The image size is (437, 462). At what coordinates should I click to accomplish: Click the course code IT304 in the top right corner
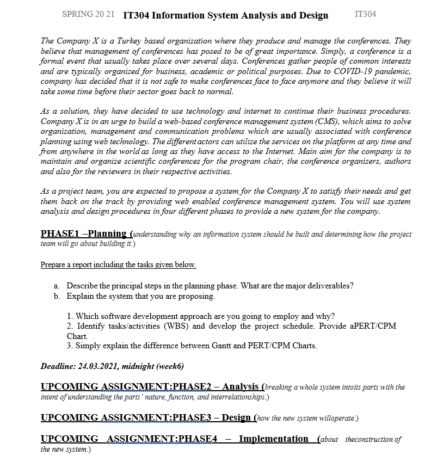(365, 14)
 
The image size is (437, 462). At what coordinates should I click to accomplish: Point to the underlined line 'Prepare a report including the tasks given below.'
(118, 265)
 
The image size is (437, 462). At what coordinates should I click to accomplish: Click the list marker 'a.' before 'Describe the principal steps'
(57, 286)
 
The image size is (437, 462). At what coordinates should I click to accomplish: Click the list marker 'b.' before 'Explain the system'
(57, 297)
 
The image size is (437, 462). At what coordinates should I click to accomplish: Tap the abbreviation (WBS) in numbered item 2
(174, 327)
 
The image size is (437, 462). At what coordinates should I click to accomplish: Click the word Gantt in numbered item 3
(193, 346)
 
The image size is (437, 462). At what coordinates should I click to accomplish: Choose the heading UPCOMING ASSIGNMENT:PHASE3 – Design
(146, 418)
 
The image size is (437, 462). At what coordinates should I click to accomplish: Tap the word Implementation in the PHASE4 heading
(274, 439)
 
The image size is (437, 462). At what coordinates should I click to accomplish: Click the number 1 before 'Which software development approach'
(70, 316)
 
